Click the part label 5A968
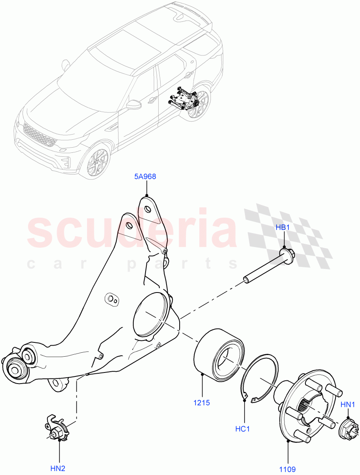[x=144, y=177]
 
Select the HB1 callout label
[x=283, y=227]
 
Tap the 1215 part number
[x=202, y=403]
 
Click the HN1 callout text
[x=348, y=405]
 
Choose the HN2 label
[x=58, y=469]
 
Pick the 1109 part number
[x=288, y=469]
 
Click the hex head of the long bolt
[x=286, y=253]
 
